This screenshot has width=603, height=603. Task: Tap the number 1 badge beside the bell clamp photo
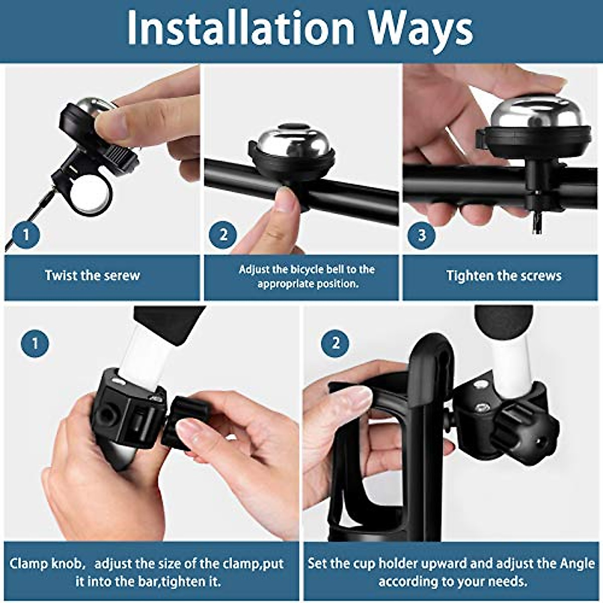pyautogui.click(x=26, y=234)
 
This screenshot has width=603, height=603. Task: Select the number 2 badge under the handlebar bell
pyautogui.click(x=223, y=234)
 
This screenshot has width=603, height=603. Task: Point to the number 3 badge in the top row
pyautogui.click(x=421, y=234)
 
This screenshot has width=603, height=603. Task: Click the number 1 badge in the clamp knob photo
pyautogui.click(x=35, y=344)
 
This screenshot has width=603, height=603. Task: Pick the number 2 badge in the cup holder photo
pyautogui.click(x=335, y=344)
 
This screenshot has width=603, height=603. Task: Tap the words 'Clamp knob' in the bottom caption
pyautogui.click(x=45, y=564)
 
